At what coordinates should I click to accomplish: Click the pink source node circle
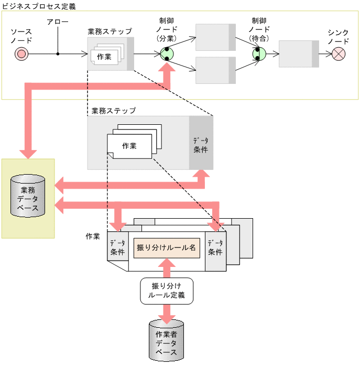click(21, 53)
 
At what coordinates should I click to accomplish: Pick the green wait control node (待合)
click(259, 53)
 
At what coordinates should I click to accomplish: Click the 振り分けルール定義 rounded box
click(167, 291)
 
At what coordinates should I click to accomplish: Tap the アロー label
click(57, 22)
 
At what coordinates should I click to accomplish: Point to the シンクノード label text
click(339, 36)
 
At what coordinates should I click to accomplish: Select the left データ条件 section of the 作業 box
click(117, 248)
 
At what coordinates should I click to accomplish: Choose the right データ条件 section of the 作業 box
click(215, 248)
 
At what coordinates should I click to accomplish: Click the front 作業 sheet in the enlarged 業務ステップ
click(129, 146)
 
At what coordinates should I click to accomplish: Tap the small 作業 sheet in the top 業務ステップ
click(104, 56)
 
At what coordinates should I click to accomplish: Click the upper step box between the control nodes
click(212, 37)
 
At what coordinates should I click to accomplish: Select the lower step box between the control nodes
click(212, 70)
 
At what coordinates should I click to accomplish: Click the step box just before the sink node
click(298, 53)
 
